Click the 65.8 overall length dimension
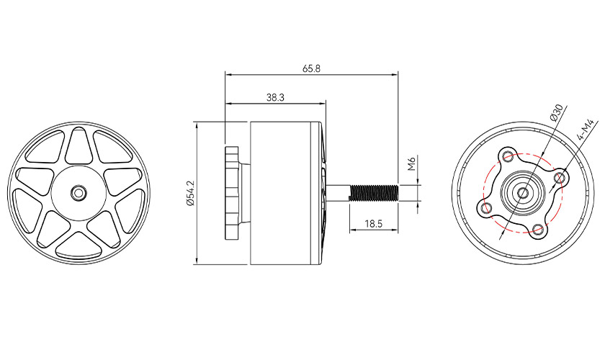311,68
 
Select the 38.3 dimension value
275,98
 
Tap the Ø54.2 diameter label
191,193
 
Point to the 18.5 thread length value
373,223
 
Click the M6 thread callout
411,163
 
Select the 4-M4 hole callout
585,130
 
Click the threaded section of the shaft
374,192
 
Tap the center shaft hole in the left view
79,192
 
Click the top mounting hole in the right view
507,156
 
